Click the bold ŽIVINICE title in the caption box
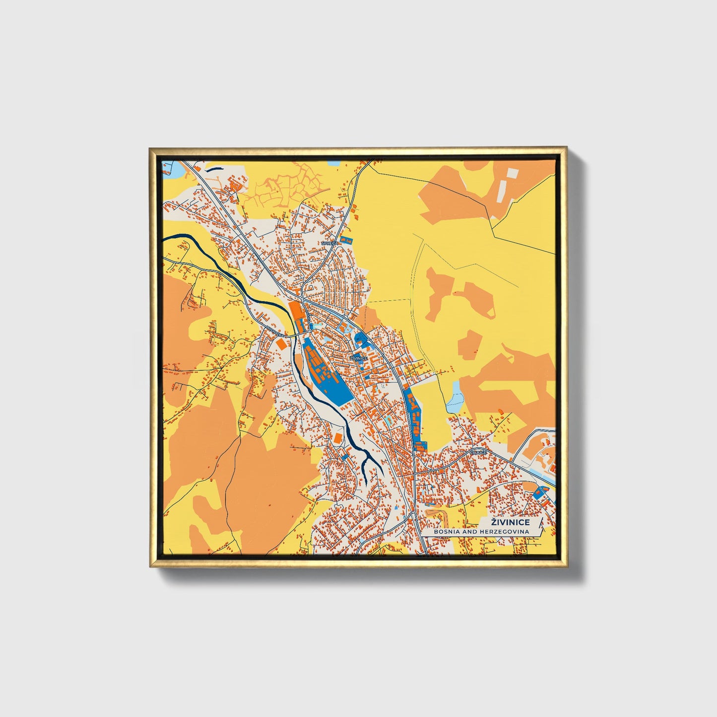[x=510, y=522]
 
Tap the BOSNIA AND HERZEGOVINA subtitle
[x=481, y=532]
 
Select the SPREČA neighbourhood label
[x=329, y=244]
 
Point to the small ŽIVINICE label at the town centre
[x=358, y=358]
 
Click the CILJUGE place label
[x=479, y=453]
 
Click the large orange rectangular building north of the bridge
[x=296, y=312]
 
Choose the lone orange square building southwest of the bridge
[x=281, y=344]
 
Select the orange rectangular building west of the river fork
[x=337, y=438]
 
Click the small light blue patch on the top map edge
[x=332, y=163]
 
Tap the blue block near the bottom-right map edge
[x=538, y=493]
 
